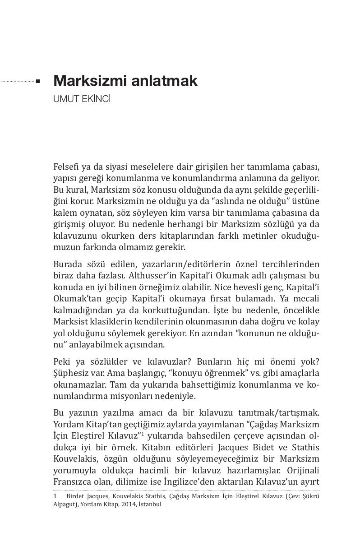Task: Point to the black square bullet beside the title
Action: point(38,82)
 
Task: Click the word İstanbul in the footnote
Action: point(150,504)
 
